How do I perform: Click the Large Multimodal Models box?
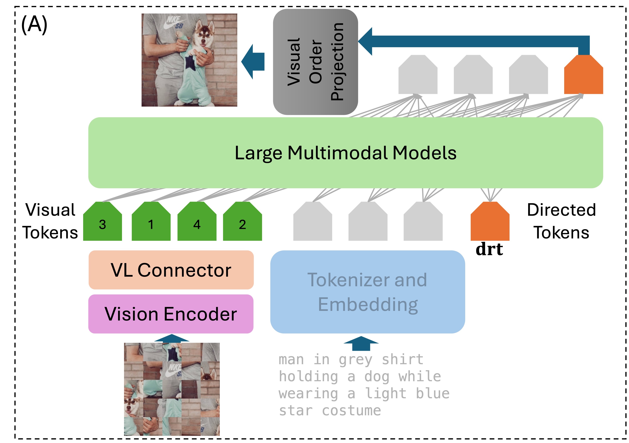(x=345, y=153)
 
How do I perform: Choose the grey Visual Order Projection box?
(x=315, y=62)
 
